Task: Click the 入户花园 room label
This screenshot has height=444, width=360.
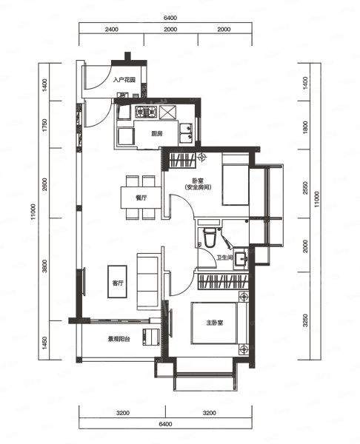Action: point(124,80)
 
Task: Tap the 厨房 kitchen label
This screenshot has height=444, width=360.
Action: point(157,133)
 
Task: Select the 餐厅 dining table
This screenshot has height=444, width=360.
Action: point(141,198)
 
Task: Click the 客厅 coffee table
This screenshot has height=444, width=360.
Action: point(117,281)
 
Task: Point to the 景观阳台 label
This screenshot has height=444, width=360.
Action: point(119,339)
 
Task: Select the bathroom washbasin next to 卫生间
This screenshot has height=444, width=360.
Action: point(241,258)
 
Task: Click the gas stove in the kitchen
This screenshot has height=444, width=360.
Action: point(146,112)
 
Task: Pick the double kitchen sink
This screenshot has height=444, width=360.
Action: point(186,132)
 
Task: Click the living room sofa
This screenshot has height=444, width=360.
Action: point(147,281)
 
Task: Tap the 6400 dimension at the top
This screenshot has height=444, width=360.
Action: point(170,18)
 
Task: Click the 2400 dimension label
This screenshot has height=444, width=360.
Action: point(112,29)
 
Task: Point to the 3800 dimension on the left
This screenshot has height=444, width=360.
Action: point(44,266)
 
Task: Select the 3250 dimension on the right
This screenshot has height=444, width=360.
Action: point(305,320)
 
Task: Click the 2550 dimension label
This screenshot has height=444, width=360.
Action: point(305,188)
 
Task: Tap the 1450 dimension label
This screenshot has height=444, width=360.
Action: point(44,343)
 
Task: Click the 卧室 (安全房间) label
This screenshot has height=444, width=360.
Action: point(198,184)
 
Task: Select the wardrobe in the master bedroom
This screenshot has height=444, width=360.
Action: point(223,281)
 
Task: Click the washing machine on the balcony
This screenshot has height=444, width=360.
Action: point(151,337)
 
